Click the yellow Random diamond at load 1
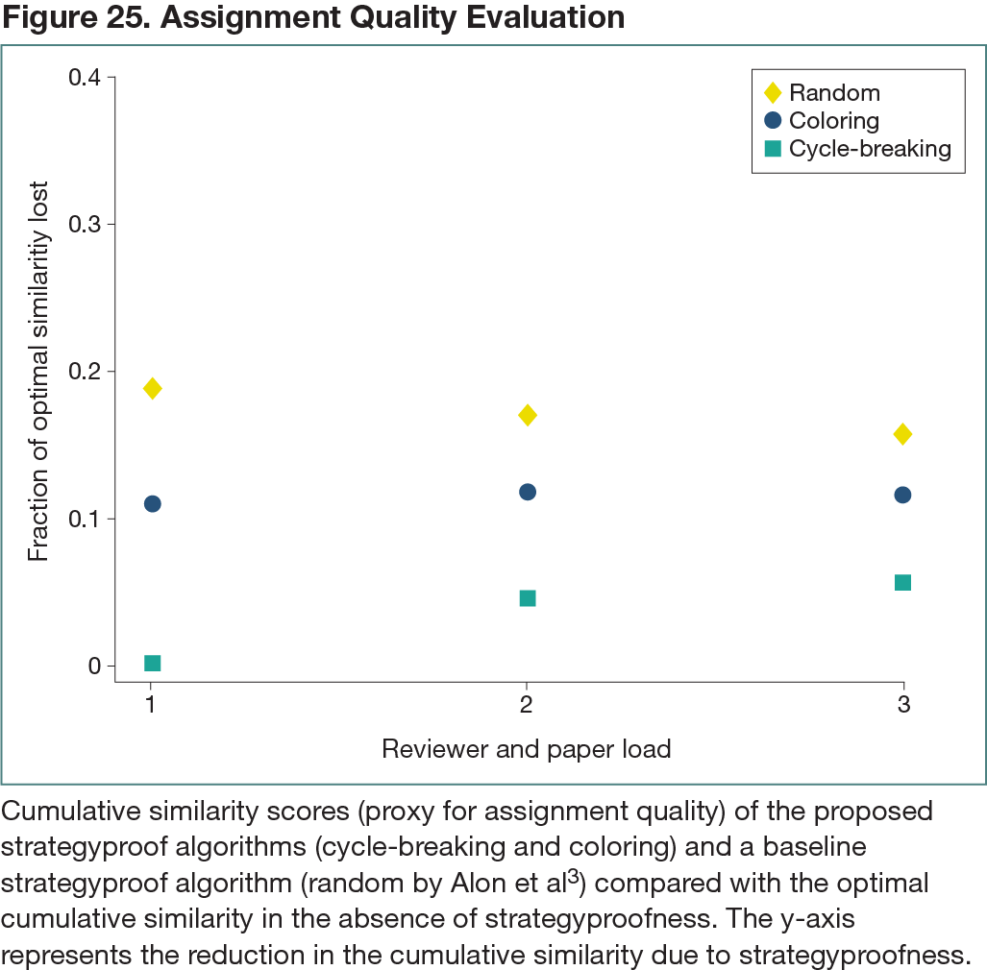(x=152, y=388)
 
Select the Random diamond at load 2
(x=527, y=415)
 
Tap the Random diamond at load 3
(x=902, y=434)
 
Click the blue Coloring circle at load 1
(x=152, y=503)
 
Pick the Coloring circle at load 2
(x=527, y=492)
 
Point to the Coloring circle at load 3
(x=902, y=495)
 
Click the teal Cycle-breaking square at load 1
(x=152, y=663)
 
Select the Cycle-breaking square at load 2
(x=527, y=598)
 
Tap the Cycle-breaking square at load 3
(x=902, y=582)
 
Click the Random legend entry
(x=833, y=93)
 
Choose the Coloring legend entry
(x=833, y=121)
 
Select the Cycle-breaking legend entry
(x=869, y=149)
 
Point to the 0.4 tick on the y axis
(x=86, y=77)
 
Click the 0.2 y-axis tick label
(x=86, y=372)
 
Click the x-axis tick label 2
(x=527, y=704)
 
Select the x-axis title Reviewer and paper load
(x=526, y=749)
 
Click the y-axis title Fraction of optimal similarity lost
(x=38, y=371)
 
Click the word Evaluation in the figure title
(x=538, y=17)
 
